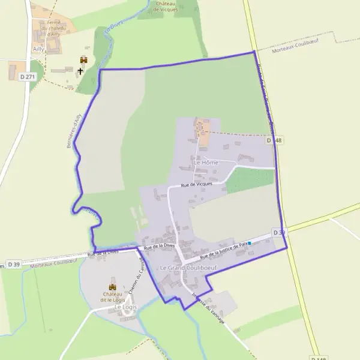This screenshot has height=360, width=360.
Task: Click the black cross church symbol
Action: coord(81,71)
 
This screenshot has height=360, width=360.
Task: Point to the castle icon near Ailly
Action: coord(83,60)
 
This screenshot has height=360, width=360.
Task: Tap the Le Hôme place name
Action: coord(206,163)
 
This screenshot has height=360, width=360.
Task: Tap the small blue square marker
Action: coord(250,243)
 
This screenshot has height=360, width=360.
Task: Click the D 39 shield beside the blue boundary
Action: coord(278,232)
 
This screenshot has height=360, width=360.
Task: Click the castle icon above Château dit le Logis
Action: coord(112,287)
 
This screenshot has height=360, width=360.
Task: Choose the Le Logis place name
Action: coord(125,307)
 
